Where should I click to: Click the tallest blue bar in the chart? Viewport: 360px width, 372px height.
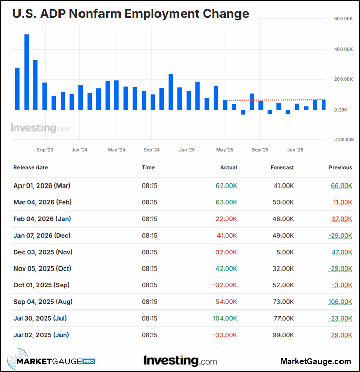coord(27,72)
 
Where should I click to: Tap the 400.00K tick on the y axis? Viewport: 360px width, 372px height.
coord(344,49)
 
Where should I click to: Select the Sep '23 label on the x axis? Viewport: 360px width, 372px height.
coord(45,150)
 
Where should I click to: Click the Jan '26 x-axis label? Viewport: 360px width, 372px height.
coord(295,150)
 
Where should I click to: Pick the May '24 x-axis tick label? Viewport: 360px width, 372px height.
coord(116,150)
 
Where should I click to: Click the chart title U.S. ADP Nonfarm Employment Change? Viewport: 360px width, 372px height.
coord(131,14)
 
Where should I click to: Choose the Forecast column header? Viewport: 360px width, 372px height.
coord(282,167)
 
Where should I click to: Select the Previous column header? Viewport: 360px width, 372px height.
coord(341,167)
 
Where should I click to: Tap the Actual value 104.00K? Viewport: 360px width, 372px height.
coord(226,318)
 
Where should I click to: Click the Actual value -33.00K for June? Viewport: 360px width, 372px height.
coord(225,335)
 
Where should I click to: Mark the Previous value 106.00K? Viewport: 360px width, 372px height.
coord(340,302)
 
